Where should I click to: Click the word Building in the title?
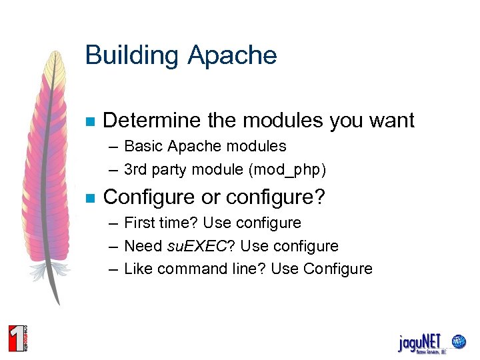(132, 55)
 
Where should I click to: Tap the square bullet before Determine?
(91, 122)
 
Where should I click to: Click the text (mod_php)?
(287, 170)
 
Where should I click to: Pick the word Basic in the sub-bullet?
(144, 146)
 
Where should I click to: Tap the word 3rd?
(136, 170)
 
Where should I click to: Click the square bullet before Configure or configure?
(91, 199)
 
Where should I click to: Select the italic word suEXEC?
(197, 246)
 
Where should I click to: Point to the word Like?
(138, 269)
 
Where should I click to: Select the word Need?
(143, 246)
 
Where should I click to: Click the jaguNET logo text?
(419, 342)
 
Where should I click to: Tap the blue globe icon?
(459, 342)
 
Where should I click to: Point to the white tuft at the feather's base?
(56, 270)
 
